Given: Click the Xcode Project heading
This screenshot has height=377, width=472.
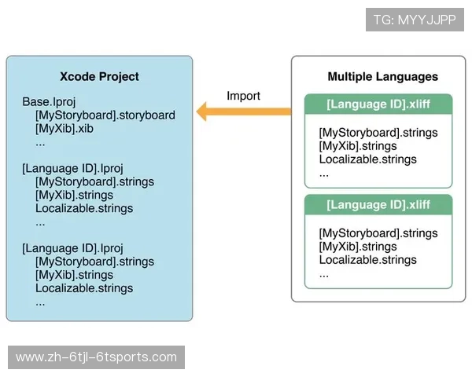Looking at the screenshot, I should (x=99, y=76).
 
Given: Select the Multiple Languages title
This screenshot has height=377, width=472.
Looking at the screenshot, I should (x=382, y=77).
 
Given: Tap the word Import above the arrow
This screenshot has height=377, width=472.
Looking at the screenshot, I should (x=243, y=96).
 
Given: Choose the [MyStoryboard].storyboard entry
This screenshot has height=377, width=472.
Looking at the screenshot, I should (x=105, y=115).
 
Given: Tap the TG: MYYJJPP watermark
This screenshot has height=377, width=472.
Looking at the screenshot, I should (x=415, y=20).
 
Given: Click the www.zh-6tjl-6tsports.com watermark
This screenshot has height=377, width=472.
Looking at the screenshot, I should (x=97, y=357).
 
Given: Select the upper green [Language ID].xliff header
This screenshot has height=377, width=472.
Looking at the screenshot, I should (x=378, y=104).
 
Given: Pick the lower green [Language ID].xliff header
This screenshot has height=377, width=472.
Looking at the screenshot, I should (x=378, y=205).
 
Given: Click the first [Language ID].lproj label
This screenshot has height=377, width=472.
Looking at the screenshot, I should (x=73, y=168).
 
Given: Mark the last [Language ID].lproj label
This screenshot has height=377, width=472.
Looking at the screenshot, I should (x=73, y=247).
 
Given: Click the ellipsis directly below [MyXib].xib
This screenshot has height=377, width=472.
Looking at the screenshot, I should (x=41, y=143).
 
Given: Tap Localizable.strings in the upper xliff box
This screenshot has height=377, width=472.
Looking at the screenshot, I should (x=367, y=160).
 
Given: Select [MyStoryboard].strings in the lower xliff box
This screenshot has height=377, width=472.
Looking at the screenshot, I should (x=378, y=232).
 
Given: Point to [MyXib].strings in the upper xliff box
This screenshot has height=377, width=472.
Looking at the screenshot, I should (x=358, y=146).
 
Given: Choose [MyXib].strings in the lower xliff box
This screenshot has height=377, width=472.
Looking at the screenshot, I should (x=358, y=247).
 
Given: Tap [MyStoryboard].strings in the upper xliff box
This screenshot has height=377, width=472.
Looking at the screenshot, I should (x=378, y=132).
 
